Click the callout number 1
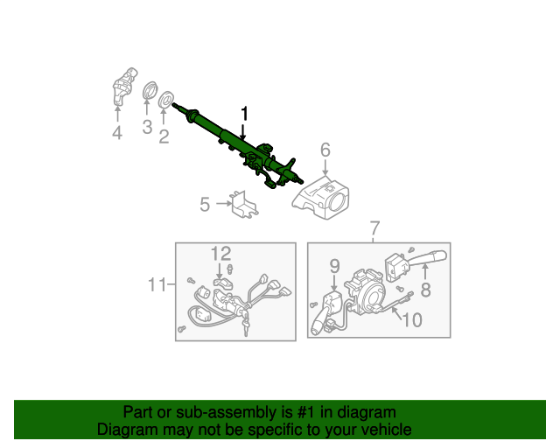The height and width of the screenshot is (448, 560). pyautogui.click(x=245, y=114)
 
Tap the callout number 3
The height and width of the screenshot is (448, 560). pyautogui.click(x=147, y=128)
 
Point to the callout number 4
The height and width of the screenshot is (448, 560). pyautogui.click(x=117, y=133)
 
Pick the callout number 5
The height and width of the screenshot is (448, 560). pyautogui.click(x=205, y=205)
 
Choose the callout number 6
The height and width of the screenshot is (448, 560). pyautogui.click(x=325, y=150)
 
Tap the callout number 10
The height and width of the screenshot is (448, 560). pyautogui.click(x=411, y=319)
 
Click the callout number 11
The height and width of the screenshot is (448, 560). pyautogui.click(x=157, y=283)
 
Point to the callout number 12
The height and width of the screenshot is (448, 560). pyautogui.click(x=220, y=254)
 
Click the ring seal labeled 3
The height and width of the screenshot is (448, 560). pyautogui.click(x=150, y=91)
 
